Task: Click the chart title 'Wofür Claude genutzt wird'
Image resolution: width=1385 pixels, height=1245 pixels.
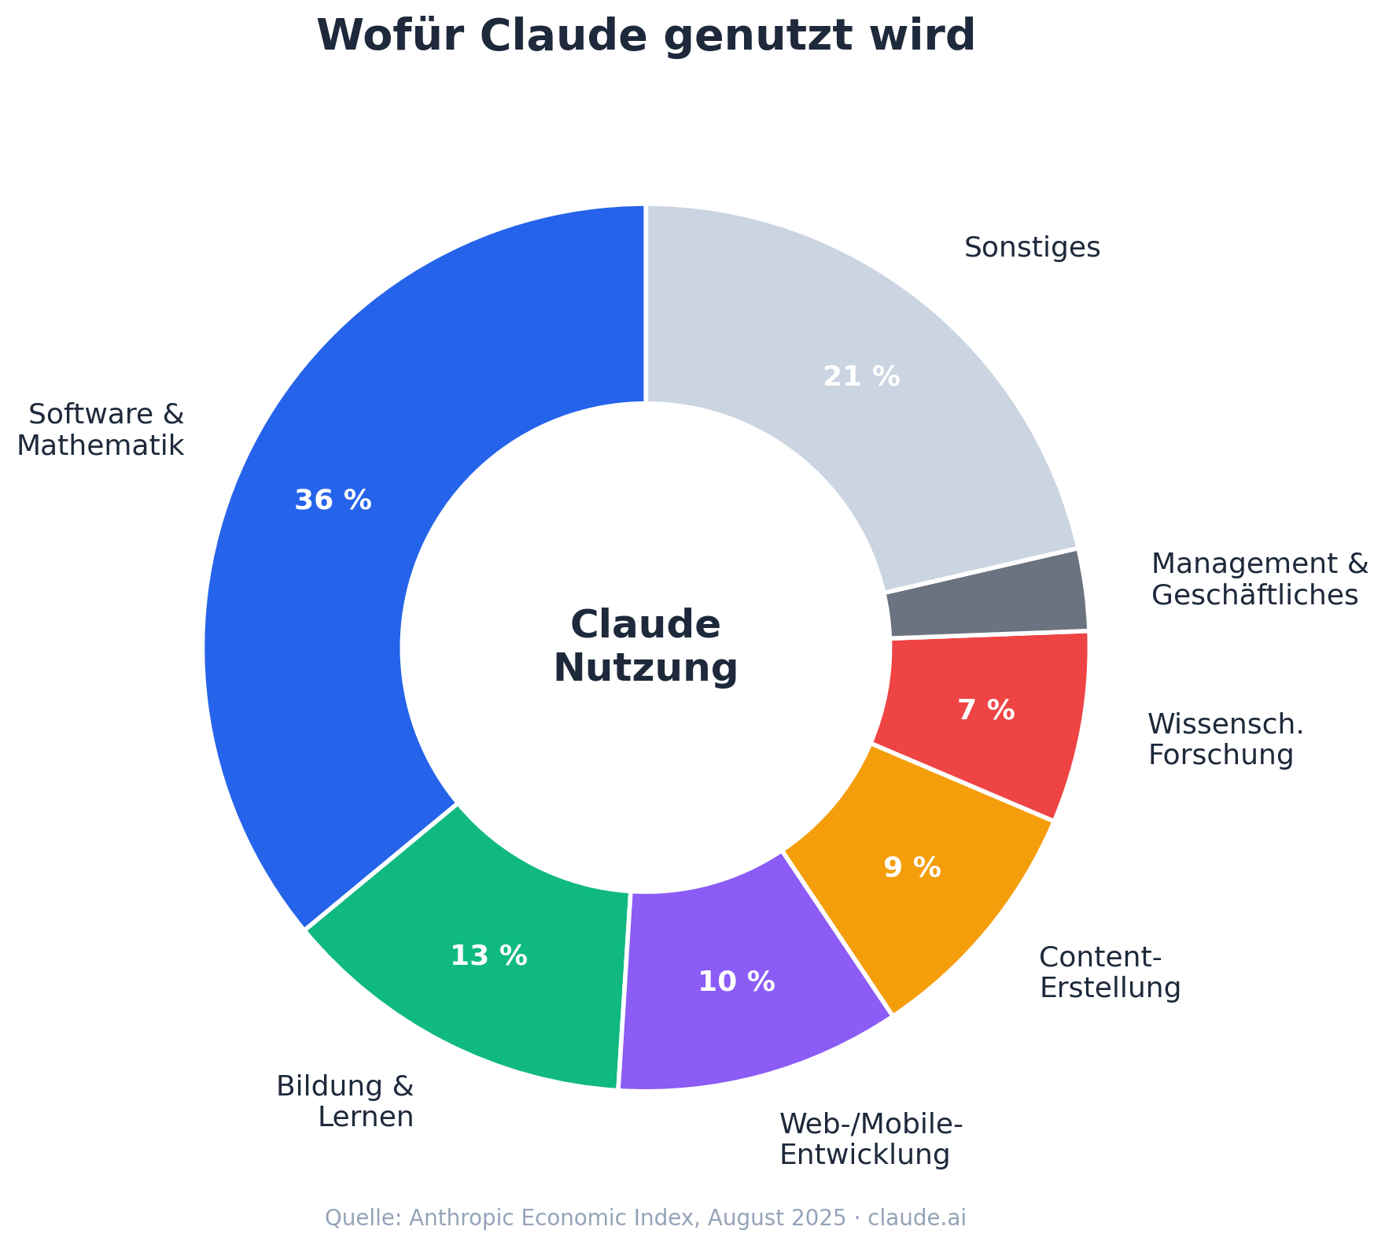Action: click(645, 36)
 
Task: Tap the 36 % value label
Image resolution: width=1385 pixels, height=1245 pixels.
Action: click(333, 501)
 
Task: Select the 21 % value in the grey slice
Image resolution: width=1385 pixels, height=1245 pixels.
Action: click(861, 377)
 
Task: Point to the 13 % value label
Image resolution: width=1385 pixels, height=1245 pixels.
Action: click(488, 956)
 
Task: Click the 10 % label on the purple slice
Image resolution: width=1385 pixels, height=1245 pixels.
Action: click(736, 982)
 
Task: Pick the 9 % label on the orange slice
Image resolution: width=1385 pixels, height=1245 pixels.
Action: click(912, 868)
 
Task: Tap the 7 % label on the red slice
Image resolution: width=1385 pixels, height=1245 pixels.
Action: click(986, 711)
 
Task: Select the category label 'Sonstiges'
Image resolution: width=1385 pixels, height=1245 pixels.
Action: click(1032, 248)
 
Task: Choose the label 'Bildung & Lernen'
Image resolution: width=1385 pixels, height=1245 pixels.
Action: click(346, 1102)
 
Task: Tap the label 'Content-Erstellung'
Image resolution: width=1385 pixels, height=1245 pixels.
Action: click(1109, 973)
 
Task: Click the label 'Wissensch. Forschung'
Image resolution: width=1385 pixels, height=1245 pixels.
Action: click(1225, 740)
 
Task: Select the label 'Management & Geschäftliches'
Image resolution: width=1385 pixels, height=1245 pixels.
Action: click(1258, 579)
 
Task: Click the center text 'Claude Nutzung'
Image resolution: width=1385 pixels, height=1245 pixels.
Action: click(646, 647)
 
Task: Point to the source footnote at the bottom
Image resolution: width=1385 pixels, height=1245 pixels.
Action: click(645, 1218)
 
